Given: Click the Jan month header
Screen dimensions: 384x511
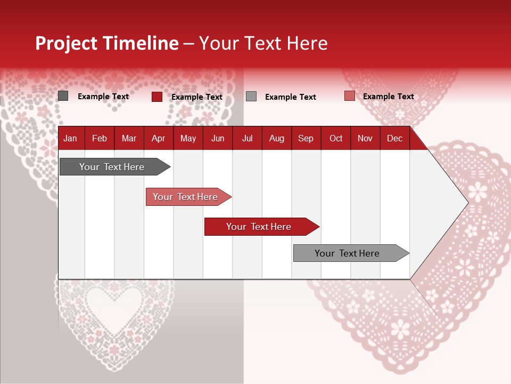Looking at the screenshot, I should point(71,138).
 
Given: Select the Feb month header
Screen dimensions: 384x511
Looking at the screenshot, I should point(100,138).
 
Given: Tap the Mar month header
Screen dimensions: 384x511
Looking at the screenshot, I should point(129,138).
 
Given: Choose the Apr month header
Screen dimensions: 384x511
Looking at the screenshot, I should point(159,138).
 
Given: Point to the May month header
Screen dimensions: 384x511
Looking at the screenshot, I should point(188,138).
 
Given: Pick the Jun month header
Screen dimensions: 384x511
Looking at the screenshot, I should point(218,138).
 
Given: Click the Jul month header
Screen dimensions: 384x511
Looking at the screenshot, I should point(247,138).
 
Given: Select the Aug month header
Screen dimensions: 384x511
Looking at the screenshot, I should point(277,138).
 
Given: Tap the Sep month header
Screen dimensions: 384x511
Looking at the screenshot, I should point(306,138).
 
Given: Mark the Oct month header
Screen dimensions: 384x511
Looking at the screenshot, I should point(336,138).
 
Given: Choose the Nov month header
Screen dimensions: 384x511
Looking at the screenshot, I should point(365,138).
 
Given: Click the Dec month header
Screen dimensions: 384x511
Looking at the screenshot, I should point(395,138).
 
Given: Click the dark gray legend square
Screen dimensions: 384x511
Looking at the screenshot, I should point(63,96).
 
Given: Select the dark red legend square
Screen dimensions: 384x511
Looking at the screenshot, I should point(157,97).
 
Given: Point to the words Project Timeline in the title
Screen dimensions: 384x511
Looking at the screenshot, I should point(107,43).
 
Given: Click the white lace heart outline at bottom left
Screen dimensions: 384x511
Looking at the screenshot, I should point(115,315).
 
